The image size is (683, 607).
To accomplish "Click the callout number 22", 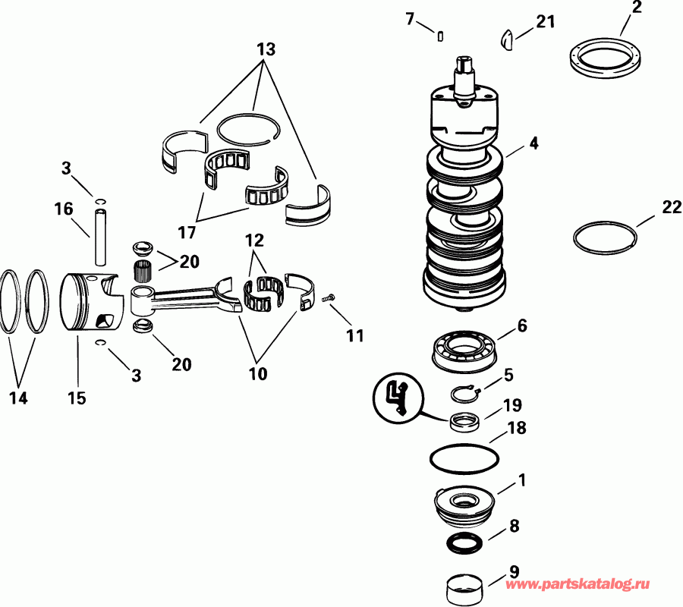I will pyautogui.click(x=672, y=207).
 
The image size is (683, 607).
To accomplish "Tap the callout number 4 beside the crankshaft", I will pyautogui.click(x=534, y=143).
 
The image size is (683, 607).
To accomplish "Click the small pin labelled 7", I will pyautogui.click(x=440, y=33).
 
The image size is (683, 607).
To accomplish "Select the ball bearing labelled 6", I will pyautogui.click(x=464, y=351).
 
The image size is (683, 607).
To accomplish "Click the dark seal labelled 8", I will pyautogui.click(x=463, y=543).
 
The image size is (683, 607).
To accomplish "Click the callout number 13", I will pyautogui.click(x=265, y=49).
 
